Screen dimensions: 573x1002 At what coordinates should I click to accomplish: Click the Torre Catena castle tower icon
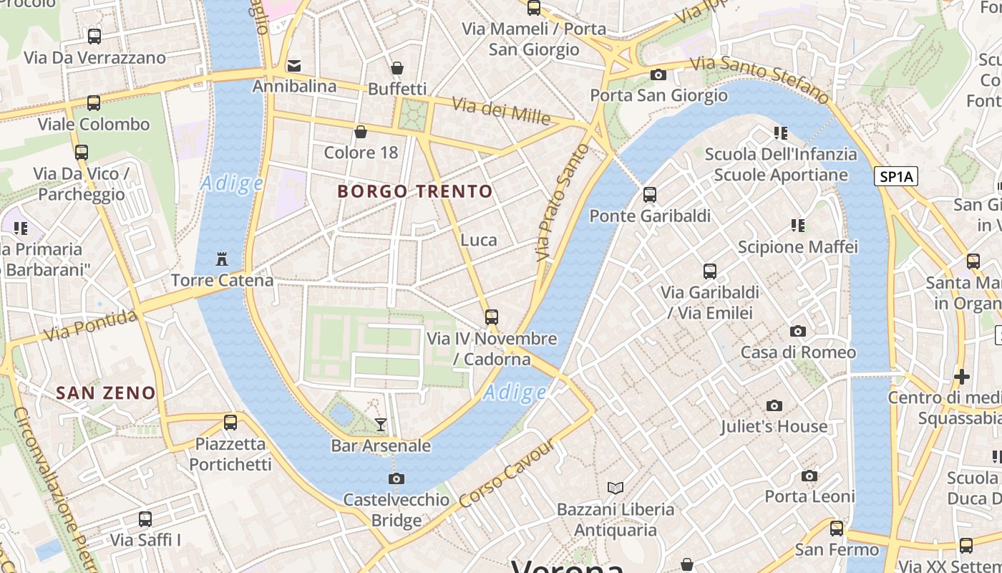(x=221, y=258)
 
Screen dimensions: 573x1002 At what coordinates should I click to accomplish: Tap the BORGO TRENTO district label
(x=415, y=191)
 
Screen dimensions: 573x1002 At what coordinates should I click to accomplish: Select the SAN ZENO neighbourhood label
(x=106, y=393)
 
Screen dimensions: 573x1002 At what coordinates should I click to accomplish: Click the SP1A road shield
(x=895, y=176)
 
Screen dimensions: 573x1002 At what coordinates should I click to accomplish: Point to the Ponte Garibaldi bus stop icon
(x=650, y=194)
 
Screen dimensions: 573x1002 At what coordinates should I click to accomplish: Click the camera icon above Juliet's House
(x=774, y=405)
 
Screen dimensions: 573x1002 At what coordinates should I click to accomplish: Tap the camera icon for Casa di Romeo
(x=798, y=331)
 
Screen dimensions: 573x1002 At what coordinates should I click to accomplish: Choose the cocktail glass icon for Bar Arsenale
(x=381, y=425)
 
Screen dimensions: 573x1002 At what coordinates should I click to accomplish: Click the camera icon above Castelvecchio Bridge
(x=396, y=478)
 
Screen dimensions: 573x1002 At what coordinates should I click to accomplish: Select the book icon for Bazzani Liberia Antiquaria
(x=616, y=488)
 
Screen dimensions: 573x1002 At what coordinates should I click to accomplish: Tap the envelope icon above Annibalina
(x=293, y=66)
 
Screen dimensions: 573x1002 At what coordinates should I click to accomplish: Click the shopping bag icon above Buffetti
(x=397, y=68)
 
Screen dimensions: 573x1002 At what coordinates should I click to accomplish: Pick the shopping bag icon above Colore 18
(x=361, y=132)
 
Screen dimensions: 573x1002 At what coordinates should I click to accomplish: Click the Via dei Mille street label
(x=501, y=110)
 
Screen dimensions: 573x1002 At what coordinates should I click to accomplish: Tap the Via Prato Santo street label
(x=562, y=202)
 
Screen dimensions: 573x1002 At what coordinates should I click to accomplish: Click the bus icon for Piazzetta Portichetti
(x=230, y=423)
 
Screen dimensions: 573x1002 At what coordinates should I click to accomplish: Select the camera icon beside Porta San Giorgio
(x=658, y=74)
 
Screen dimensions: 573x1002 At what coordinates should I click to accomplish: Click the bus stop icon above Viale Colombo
(x=94, y=103)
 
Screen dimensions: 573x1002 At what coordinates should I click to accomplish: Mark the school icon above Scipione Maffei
(x=798, y=226)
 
